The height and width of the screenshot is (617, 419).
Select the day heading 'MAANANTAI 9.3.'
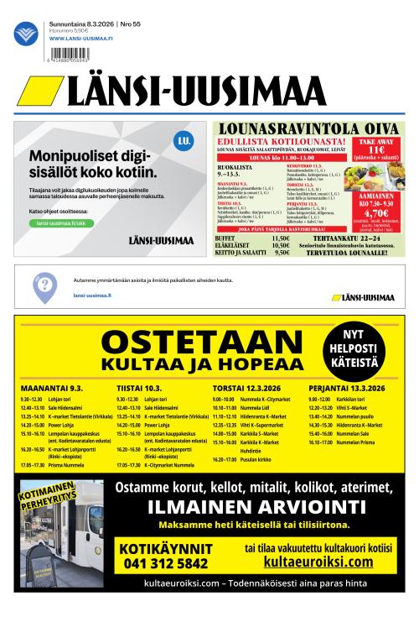tap(52, 389)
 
